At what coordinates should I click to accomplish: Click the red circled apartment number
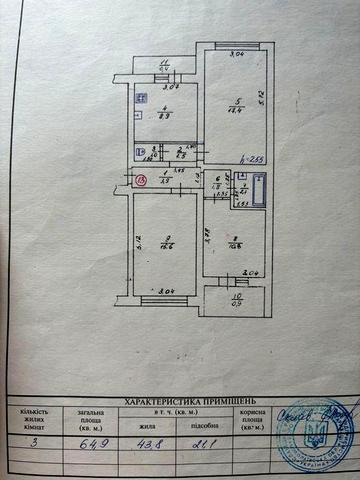pyautogui.click(x=140, y=180)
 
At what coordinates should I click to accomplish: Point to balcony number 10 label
pyautogui.click(x=237, y=297)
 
